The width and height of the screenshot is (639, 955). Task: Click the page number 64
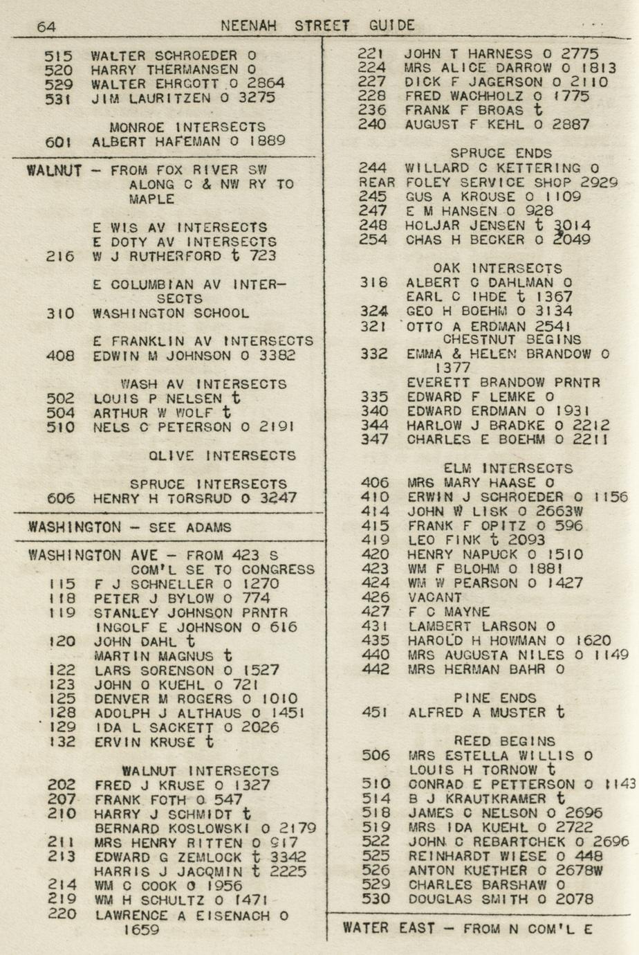tap(47, 27)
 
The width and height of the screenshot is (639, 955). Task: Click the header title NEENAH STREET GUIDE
tap(318, 26)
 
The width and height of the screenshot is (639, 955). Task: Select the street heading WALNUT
tap(55, 170)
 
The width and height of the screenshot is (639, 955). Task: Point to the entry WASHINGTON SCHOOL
tap(171, 313)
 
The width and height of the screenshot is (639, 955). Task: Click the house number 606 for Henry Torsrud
tap(60, 498)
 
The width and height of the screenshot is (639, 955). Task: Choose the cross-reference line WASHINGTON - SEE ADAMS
tap(129, 527)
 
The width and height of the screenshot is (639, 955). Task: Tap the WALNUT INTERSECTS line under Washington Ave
tap(201, 771)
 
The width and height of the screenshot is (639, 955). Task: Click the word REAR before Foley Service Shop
tap(376, 183)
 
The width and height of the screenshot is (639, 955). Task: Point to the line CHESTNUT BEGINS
tap(512, 340)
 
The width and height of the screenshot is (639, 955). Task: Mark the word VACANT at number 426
tap(434, 597)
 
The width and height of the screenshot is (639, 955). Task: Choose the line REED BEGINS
tap(504, 741)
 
